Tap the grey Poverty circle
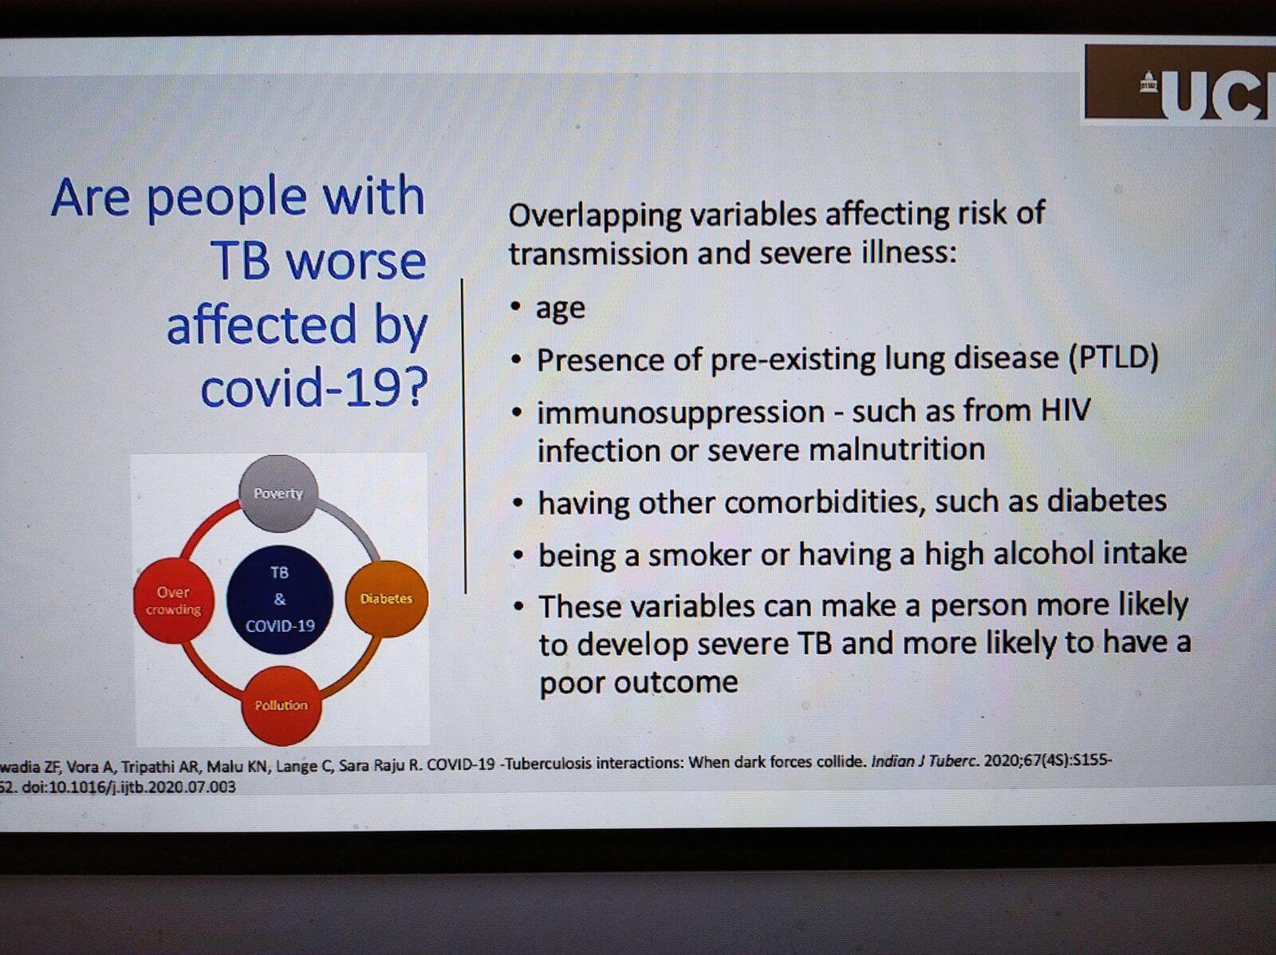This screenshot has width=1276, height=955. pos(279,493)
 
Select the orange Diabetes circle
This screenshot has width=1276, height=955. pos(387,598)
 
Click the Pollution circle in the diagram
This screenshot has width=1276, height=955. pos(282,705)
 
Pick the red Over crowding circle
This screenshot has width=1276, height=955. pos(174,600)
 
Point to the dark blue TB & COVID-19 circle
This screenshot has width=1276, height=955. pos(280,600)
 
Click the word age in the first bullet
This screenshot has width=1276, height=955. pos(561,309)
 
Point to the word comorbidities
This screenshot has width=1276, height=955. pos(825,502)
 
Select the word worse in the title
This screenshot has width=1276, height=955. pos(357,261)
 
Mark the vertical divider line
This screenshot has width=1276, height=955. pos(464,436)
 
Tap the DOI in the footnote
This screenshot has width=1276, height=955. pos(129,787)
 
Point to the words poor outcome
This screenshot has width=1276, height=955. pos(639,682)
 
